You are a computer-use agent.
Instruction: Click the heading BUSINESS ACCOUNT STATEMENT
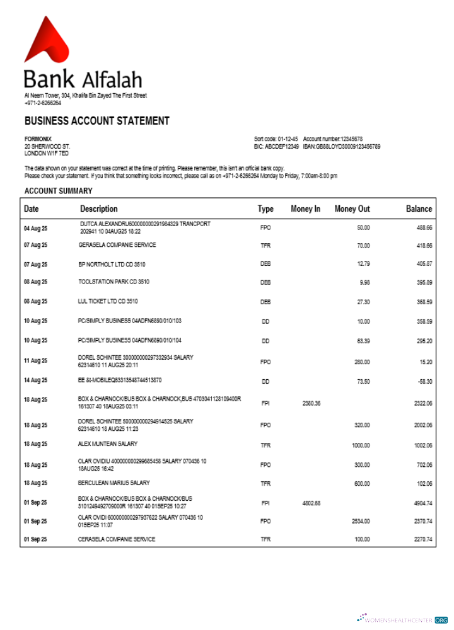click(x=96, y=121)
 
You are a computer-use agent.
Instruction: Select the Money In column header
click(x=305, y=209)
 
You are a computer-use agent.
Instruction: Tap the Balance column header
click(x=419, y=209)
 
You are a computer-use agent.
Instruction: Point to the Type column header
click(x=265, y=209)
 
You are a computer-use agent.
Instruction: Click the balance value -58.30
click(x=424, y=381)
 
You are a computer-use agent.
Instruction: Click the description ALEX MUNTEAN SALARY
click(x=108, y=444)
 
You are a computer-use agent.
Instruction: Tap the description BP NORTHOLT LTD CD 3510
click(x=112, y=265)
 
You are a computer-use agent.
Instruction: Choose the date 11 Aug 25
click(x=35, y=361)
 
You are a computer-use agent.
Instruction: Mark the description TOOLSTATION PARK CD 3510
click(x=114, y=282)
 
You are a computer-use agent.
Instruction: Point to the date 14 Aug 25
click(x=35, y=381)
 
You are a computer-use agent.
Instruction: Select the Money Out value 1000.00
click(x=360, y=445)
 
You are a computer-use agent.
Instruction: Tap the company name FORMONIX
click(x=38, y=139)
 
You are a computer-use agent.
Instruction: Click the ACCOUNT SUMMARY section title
click(x=59, y=191)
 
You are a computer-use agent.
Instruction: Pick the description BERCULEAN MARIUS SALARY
click(x=114, y=483)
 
